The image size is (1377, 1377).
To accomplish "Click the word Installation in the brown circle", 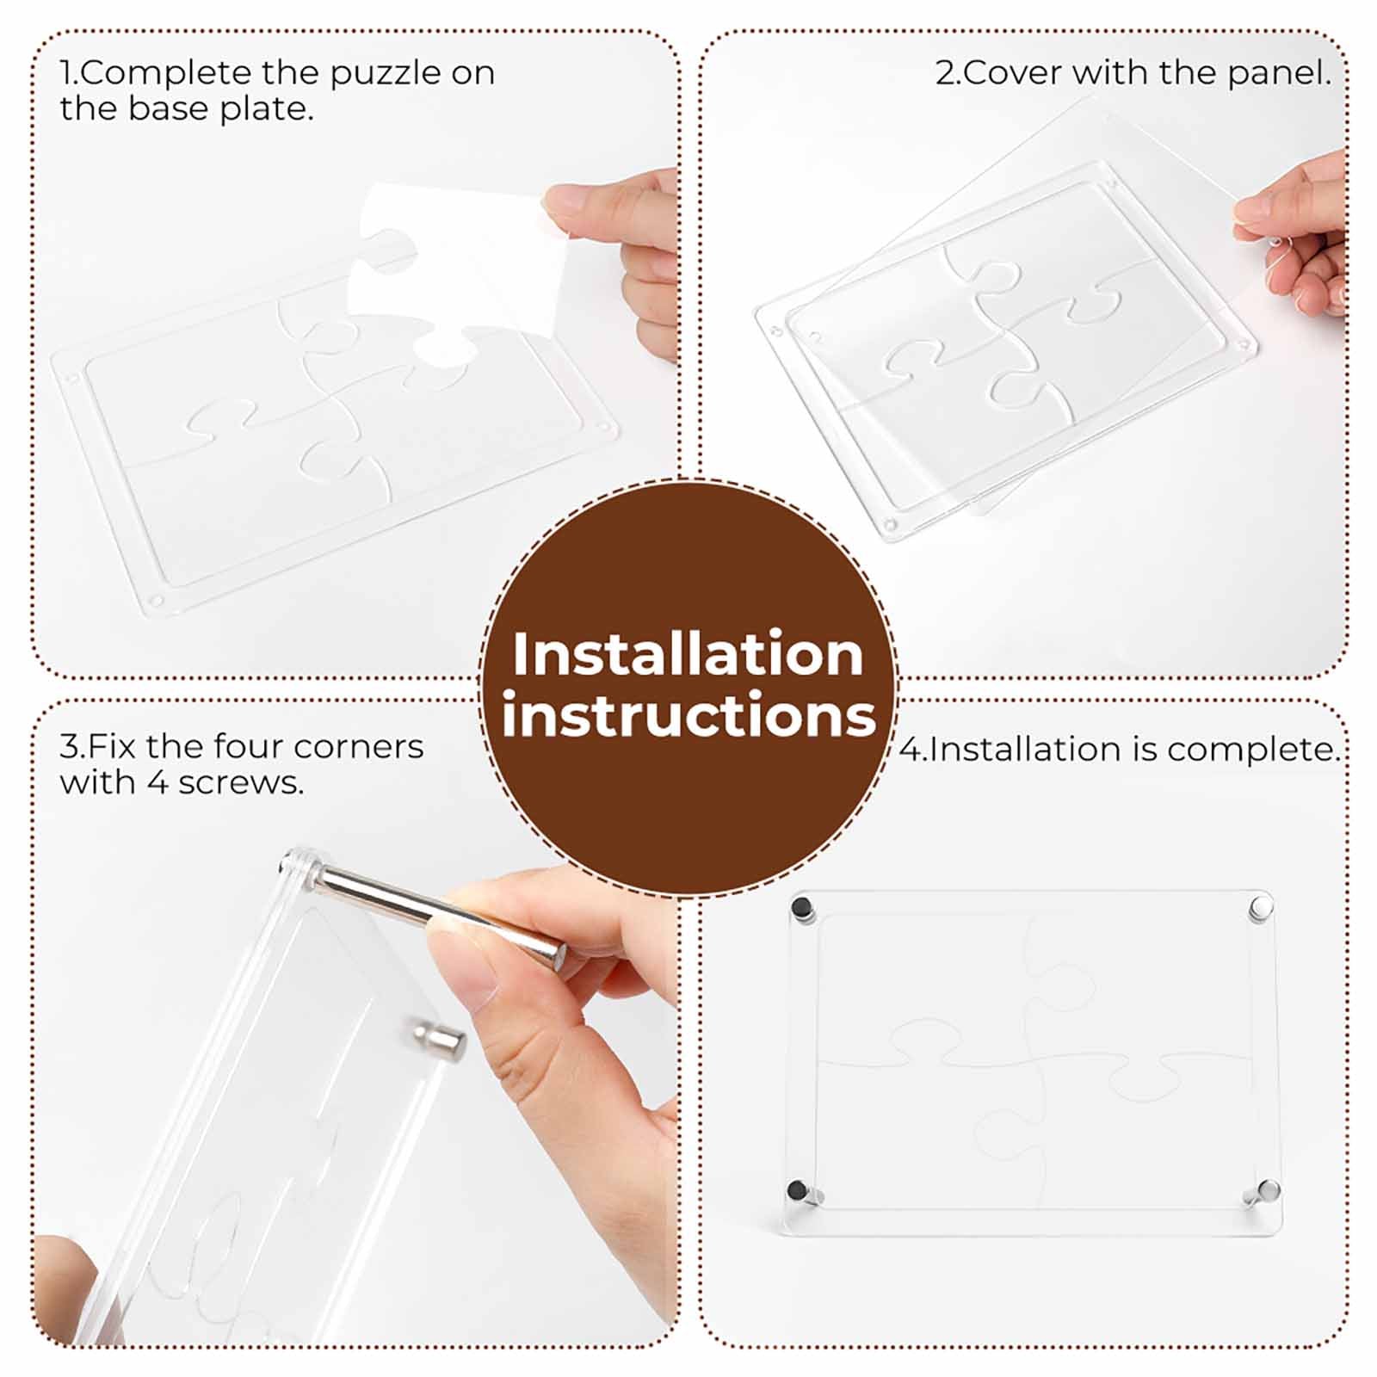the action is point(688,655).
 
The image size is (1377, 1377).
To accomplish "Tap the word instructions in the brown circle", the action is point(688,715).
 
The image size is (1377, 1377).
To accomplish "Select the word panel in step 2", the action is point(1279,74).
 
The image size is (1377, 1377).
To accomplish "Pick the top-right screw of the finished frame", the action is point(1261,906).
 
